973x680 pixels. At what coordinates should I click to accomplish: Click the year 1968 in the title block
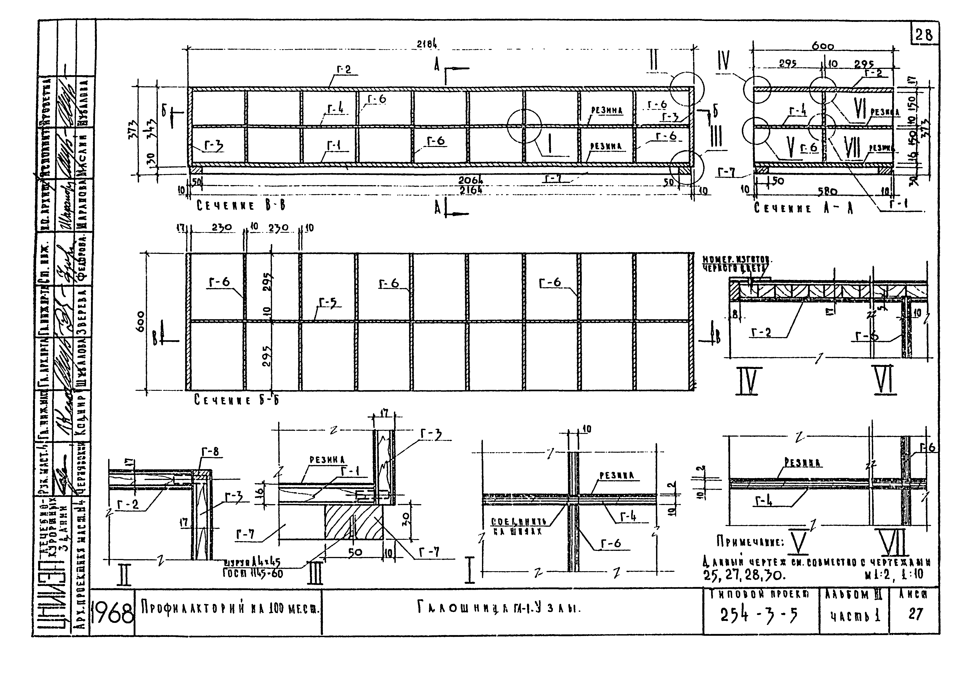pyautogui.click(x=112, y=613)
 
